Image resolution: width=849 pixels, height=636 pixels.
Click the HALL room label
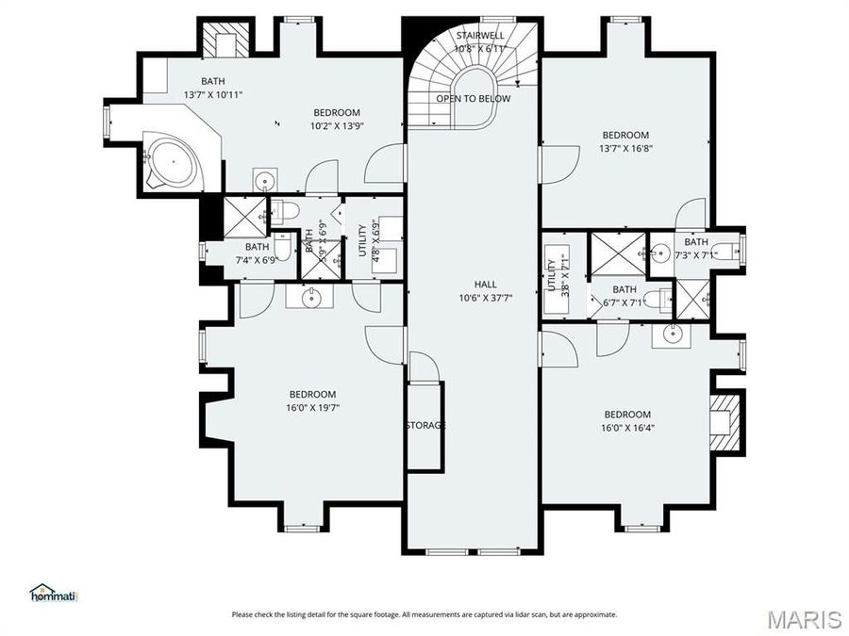pyautogui.click(x=485, y=284)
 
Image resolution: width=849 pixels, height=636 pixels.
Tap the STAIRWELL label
pyautogui.click(x=480, y=36)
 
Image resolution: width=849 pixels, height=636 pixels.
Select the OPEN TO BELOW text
pyautogui.click(x=474, y=98)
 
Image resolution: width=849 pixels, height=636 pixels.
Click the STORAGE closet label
pyautogui.click(x=425, y=426)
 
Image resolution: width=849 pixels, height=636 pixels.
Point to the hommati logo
pyautogui.click(x=54, y=593)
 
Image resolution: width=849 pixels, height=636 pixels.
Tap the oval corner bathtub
pyautogui.click(x=174, y=162)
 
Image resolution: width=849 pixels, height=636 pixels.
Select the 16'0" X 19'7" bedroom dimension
pyautogui.click(x=312, y=407)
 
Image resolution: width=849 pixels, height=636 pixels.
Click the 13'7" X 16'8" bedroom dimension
pyautogui.click(x=626, y=148)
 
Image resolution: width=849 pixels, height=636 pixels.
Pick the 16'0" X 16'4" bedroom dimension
pyautogui.click(x=627, y=428)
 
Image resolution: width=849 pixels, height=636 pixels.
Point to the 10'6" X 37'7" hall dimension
pyautogui.click(x=485, y=298)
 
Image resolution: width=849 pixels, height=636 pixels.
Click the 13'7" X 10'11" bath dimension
pyautogui.click(x=213, y=94)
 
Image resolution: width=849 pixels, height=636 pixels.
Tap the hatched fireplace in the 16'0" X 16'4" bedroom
pyautogui.click(x=724, y=422)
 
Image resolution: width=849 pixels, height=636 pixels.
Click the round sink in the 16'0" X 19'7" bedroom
pyautogui.click(x=310, y=297)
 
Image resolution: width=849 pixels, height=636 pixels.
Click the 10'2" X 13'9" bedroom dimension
pyautogui.click(x=337, y=126)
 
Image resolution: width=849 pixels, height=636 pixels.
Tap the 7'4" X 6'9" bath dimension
pyautogui.click(x=257, y=260)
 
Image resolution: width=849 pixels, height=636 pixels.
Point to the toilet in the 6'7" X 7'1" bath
pyautogui.click(x=660, y=297)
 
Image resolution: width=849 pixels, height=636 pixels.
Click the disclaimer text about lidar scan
pyautogui.click(x=424, y=615)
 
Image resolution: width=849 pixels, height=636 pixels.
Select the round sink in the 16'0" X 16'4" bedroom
pyautogui.click(x=673, y=334)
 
